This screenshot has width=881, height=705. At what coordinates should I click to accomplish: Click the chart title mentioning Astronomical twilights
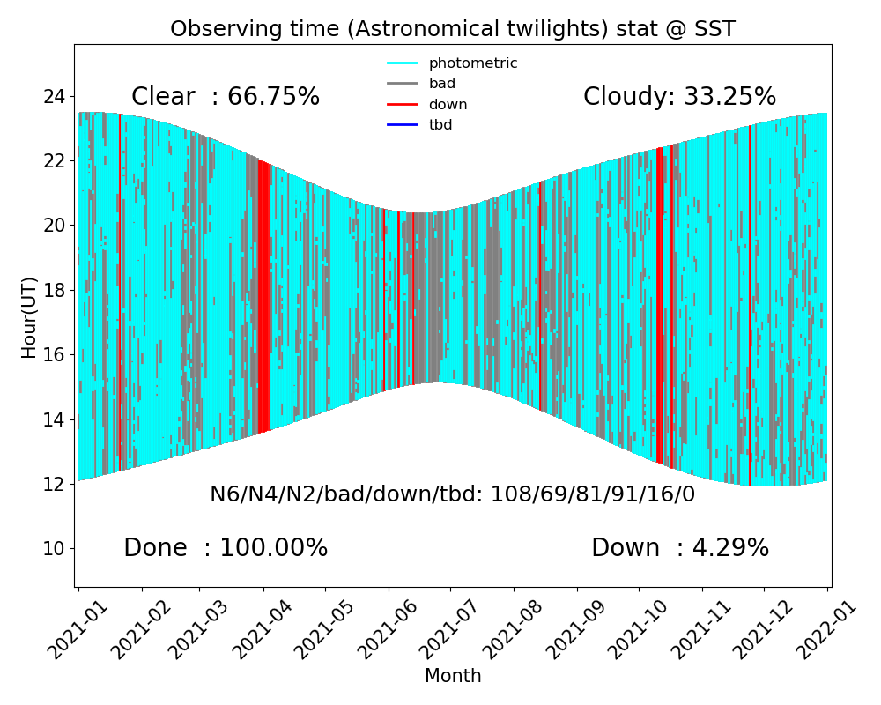coord(452,29)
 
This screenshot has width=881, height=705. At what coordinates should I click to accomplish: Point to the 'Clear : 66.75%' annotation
coord(226,97)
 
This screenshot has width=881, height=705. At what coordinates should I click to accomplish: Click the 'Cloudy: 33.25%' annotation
coord(679,97)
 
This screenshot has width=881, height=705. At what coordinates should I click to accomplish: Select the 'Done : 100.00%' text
coord(226,548)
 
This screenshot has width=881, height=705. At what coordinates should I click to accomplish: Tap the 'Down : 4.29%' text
coord(680,548)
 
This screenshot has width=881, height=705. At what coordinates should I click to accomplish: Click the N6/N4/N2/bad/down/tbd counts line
coord(452,494)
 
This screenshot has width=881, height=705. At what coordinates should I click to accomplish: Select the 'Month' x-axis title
coord(453,676)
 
